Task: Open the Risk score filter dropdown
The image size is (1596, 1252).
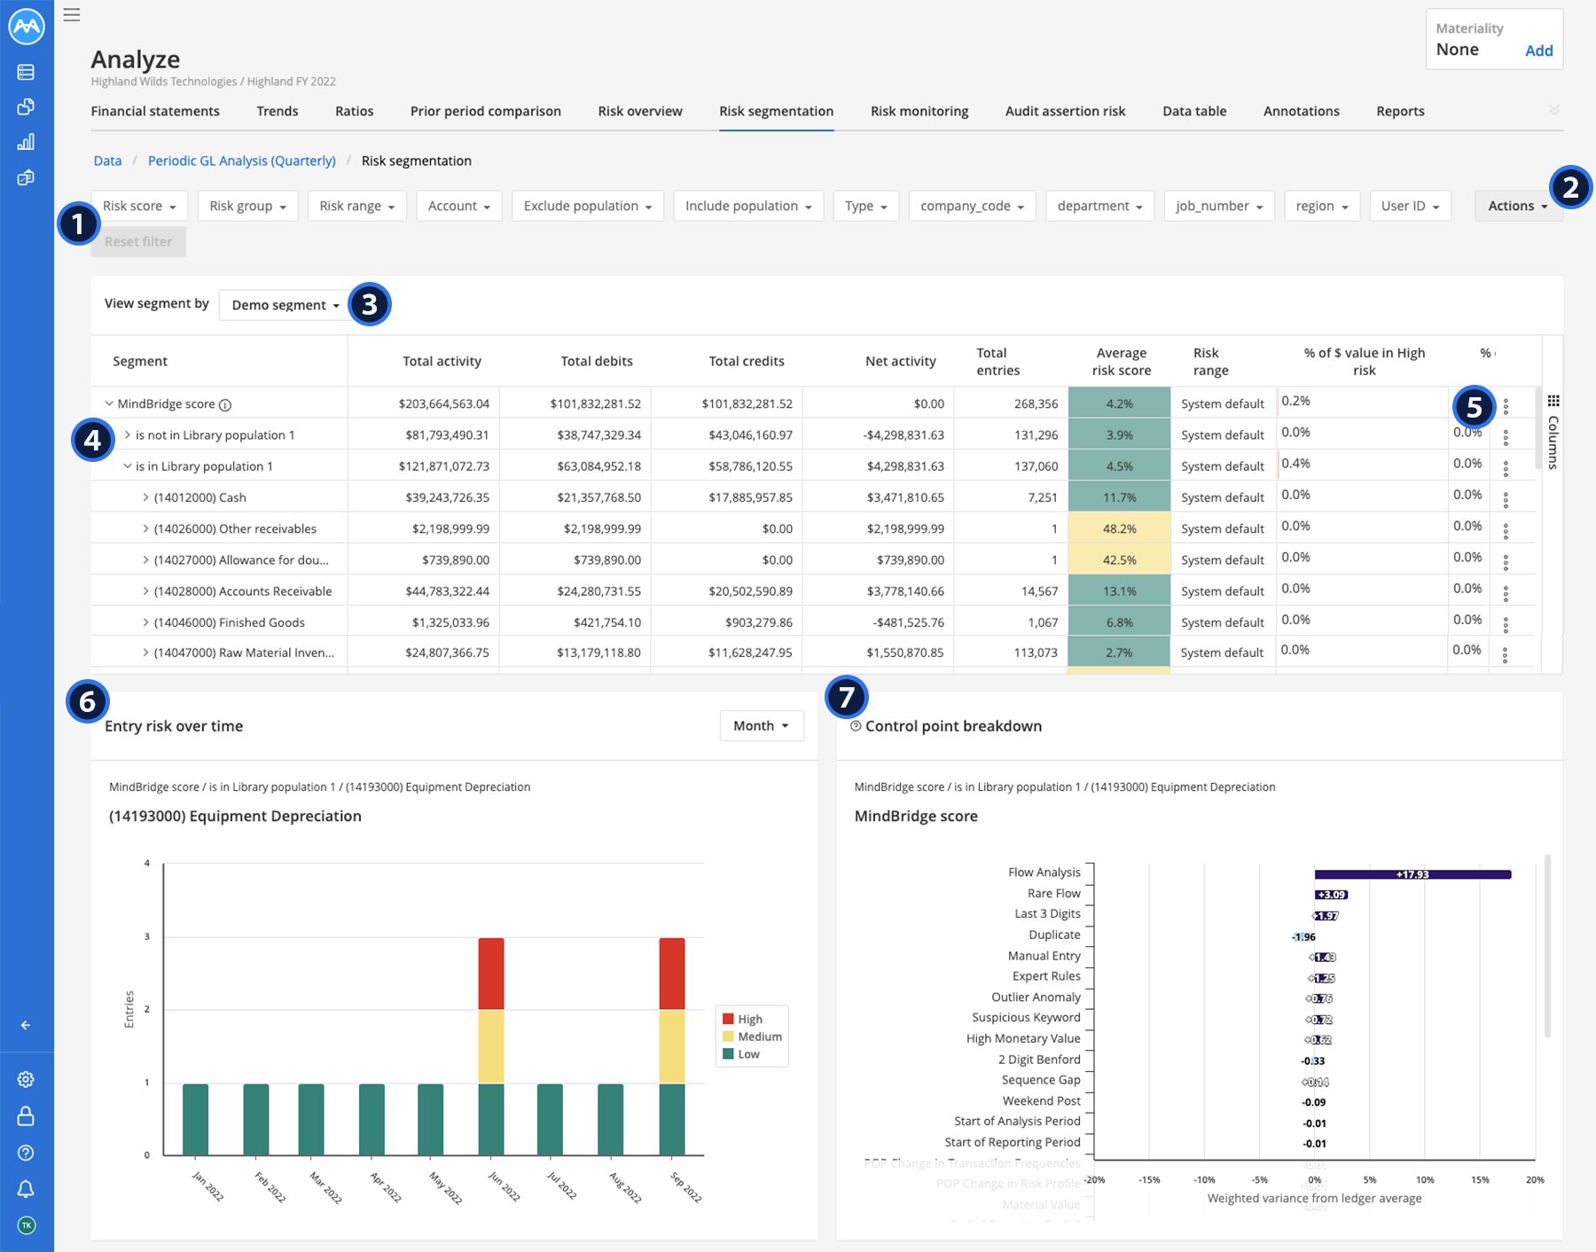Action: click(139, 206)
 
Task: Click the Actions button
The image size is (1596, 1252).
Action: click(1517, 206)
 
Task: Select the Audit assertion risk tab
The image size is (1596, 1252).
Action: click(1065, 111)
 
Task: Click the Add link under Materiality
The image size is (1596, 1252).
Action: click(1538, 51)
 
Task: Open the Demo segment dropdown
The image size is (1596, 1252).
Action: click(285, 305)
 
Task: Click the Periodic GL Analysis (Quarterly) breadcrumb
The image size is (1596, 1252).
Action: click(241, 160)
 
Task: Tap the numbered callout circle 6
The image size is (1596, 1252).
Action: click(87, 701)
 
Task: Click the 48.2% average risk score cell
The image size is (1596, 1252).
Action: click(1119, 528)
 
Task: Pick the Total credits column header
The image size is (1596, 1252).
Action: click(746, 361)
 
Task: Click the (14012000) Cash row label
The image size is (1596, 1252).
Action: click(199, 497)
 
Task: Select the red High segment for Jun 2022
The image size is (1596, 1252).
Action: click(490, 973)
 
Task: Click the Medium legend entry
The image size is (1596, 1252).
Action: click(759, 1037)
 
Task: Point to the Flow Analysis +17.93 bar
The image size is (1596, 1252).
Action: click(1412, 874)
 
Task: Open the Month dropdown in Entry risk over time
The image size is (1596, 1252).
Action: click(761, 725)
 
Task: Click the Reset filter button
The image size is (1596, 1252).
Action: click(138, 241)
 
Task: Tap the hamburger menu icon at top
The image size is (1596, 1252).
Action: click(72, 15)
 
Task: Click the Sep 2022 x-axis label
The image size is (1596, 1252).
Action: click(685, 1187)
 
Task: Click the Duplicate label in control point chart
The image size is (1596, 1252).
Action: click(1053, 935)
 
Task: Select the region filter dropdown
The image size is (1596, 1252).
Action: click(1321, 206)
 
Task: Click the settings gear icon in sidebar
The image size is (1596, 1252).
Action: click(26, 1079)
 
